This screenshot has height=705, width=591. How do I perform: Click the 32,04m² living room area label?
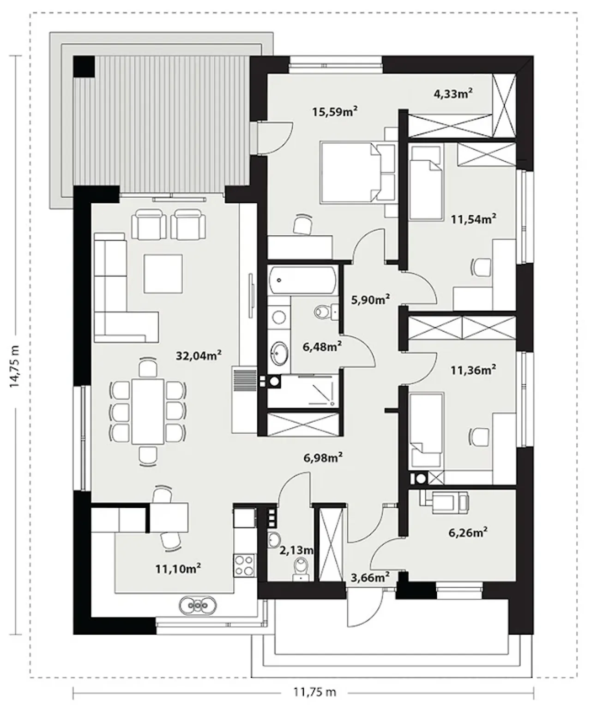199,356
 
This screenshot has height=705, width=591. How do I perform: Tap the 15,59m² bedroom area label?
335,111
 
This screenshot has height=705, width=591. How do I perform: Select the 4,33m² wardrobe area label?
452,93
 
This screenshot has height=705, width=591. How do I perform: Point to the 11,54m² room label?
473,219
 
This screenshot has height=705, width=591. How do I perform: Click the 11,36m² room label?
473,370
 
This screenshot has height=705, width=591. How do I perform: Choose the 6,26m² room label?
468,533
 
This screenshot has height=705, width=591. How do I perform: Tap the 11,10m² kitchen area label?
178,569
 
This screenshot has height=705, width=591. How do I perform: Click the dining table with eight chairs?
148,411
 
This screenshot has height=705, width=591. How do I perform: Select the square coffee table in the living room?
163,274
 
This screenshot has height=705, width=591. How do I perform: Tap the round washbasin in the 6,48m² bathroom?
279,353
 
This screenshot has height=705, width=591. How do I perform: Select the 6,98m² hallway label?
323,458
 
